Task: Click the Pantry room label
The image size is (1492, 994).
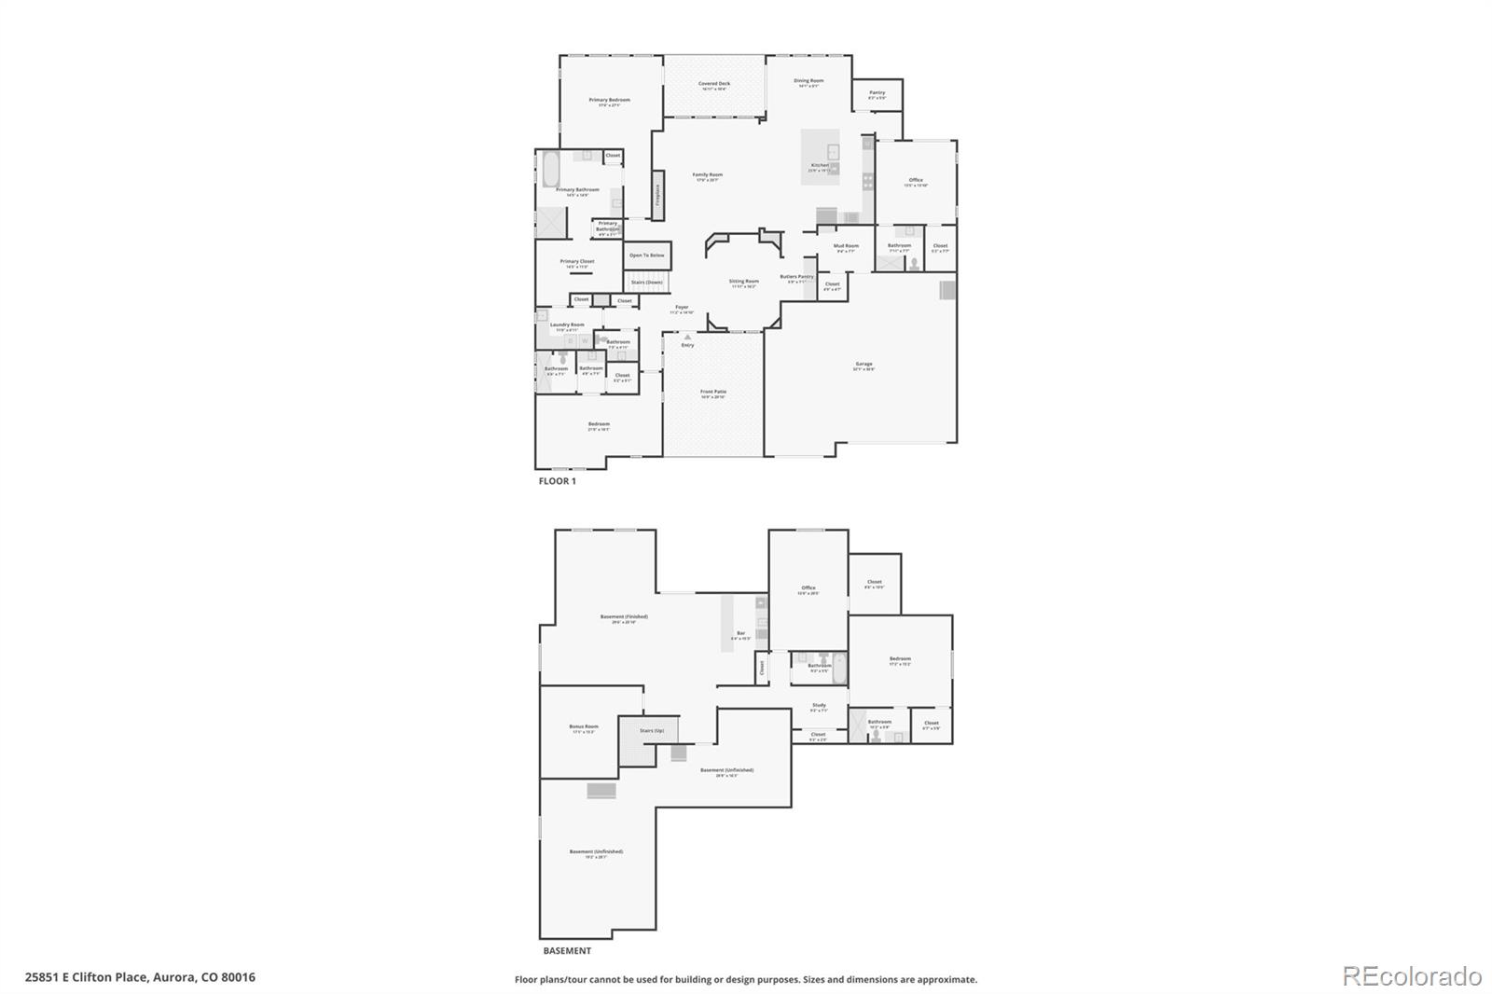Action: tap(877, 92)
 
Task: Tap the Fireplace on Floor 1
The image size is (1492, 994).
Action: tap(657, 195)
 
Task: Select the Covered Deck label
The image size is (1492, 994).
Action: tap(714, 84)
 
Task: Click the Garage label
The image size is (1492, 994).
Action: tap(863, 364)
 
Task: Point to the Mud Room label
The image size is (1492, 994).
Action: tap(846, 246)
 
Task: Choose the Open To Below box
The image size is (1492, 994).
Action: tap(647, 255)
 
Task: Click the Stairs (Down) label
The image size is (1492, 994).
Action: tap(647, 282)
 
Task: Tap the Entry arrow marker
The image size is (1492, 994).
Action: tap(688, 338)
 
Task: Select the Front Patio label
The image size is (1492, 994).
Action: tap(713, 392)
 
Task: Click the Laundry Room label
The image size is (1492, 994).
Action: tap(567, 324)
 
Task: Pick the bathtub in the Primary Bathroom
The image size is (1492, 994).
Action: tap(548, 171)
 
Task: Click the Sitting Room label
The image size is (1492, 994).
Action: tap(744, 281)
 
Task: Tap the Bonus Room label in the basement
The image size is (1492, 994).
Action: tap(585, 726)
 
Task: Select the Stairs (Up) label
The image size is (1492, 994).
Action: tap(652, 730)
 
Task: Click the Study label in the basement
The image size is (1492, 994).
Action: tap(819, 705)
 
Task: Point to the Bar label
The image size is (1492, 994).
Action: tap(741, 634)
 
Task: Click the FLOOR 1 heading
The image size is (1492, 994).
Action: tap(558, 481)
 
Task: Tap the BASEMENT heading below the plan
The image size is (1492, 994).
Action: tap(567, 951)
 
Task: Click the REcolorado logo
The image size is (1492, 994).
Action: tap(1412, 976)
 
